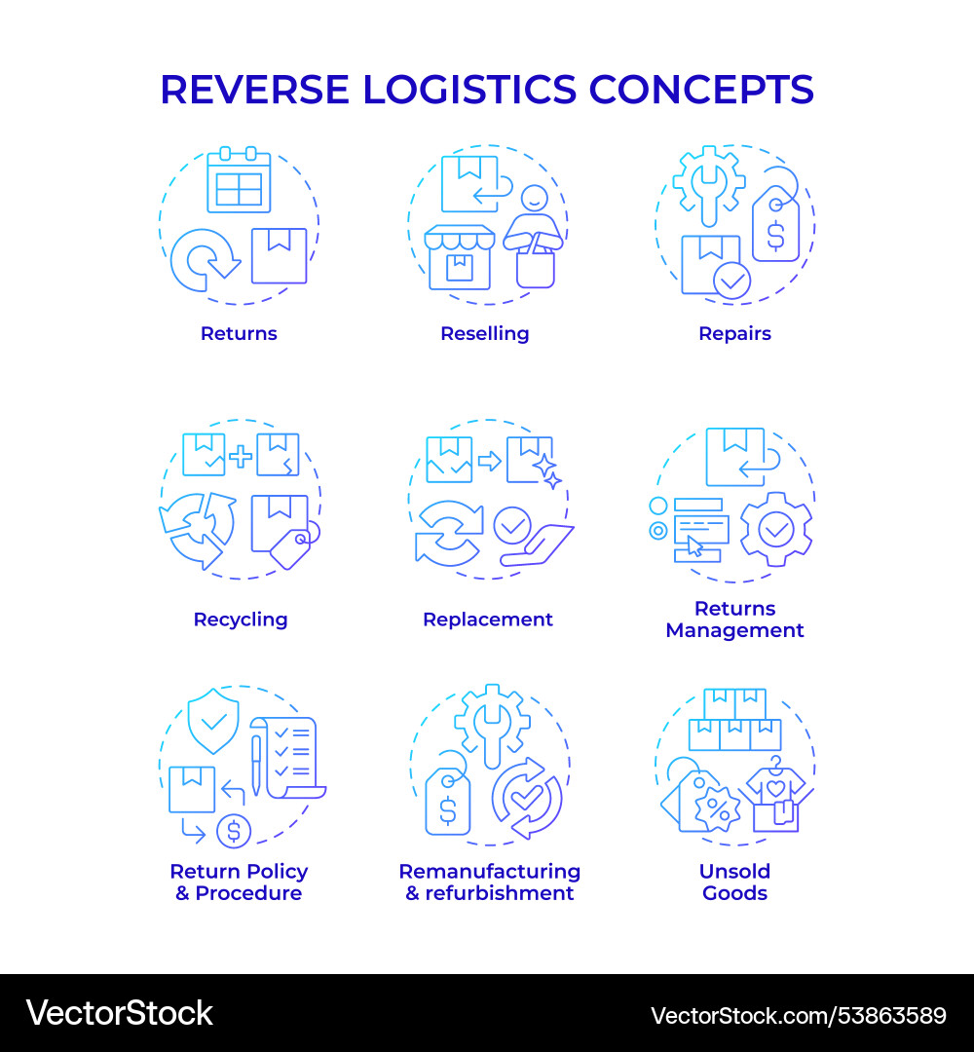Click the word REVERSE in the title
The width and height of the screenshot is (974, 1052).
click(254, 90)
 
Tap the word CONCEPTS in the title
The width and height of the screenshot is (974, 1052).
click(701, 90)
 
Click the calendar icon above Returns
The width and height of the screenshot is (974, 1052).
click(239, 180)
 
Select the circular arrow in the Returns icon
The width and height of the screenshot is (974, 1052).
click(205, 259)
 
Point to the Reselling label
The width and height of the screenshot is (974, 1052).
click(484, 333)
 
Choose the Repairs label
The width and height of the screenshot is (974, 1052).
click(734, 333)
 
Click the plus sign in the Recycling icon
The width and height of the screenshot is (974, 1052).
click(240, 455)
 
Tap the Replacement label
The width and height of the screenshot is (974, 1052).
click(488, 620)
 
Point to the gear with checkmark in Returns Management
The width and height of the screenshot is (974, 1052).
click(775, 530)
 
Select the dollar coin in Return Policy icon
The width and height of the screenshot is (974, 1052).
click(234, 831)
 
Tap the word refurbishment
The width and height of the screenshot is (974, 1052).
click(499, 893)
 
